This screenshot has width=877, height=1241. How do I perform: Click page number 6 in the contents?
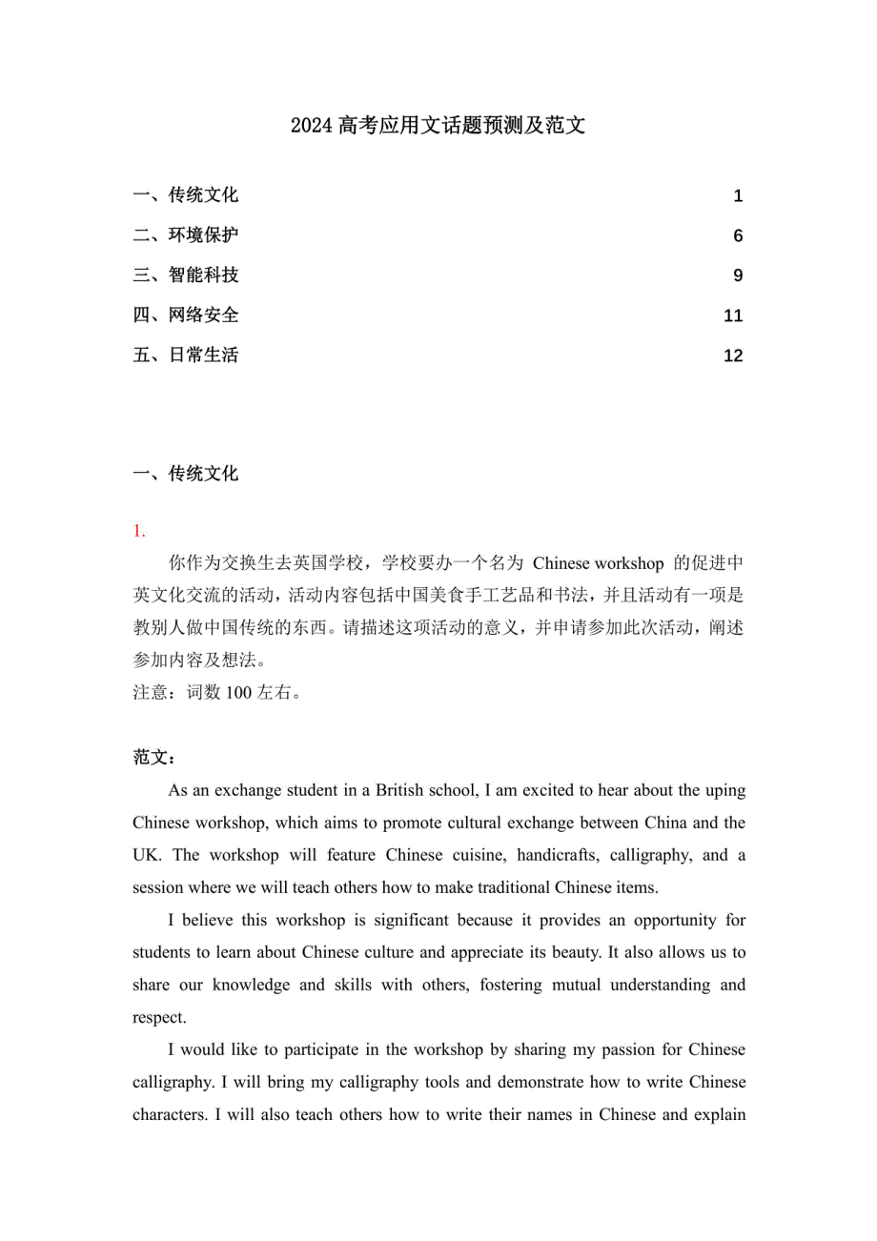click(x=738, y=236)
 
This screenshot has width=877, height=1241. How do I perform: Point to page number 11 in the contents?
click(x=734, y=316)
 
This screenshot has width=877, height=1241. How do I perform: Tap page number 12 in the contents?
click(x=734, y=356)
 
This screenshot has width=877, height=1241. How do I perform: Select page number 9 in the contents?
click(x=738, y=276)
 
